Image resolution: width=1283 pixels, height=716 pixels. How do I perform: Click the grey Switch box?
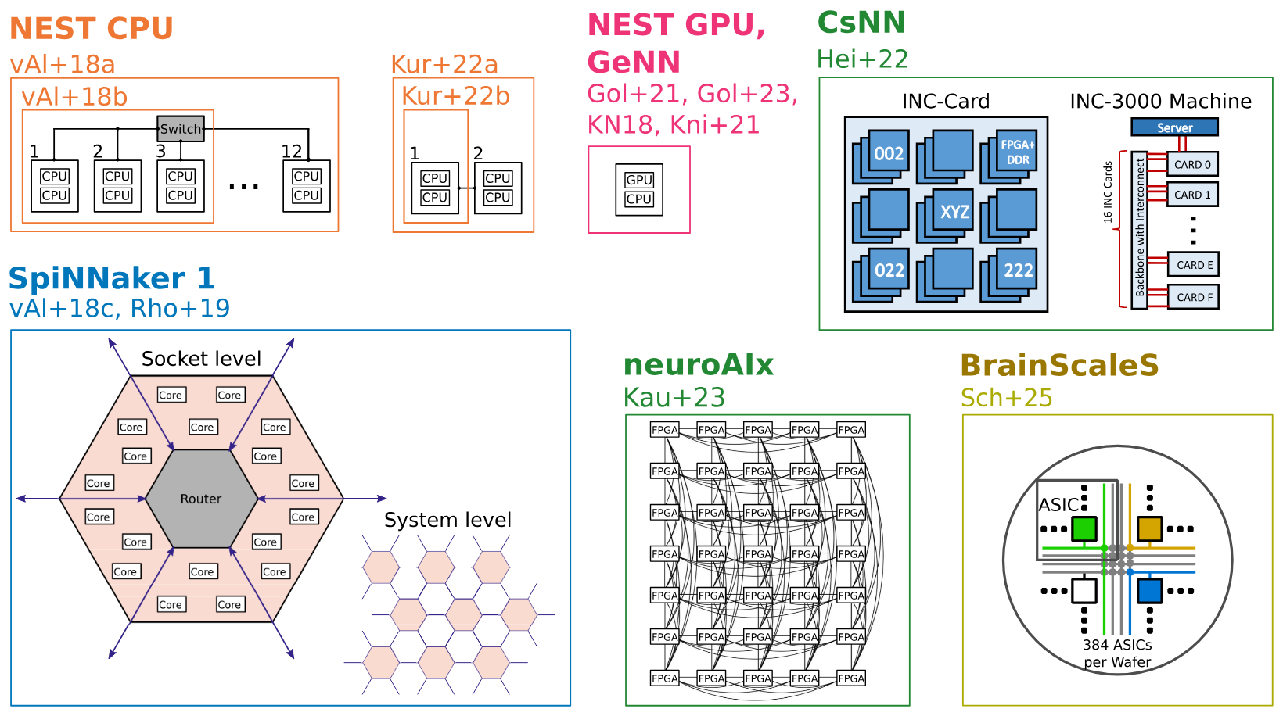181,129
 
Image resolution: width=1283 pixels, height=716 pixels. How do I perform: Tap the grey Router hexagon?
201,499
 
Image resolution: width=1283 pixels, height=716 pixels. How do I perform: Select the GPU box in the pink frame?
639,180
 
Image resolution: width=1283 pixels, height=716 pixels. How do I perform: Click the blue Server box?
1174,127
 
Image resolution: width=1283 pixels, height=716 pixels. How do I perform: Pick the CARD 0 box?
1192,165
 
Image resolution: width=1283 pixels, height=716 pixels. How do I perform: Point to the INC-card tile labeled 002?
889,154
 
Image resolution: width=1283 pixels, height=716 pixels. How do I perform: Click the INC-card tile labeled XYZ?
954,211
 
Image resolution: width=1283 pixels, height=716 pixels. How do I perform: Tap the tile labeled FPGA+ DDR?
1018,152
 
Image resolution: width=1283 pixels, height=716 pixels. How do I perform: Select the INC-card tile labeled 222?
1018,270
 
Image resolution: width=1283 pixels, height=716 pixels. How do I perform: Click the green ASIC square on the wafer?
1084,529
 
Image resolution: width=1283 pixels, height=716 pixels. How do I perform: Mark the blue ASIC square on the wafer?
1149,590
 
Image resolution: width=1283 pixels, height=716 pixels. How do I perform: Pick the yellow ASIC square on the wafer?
1149,529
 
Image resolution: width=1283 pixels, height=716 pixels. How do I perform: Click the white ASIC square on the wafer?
1084,590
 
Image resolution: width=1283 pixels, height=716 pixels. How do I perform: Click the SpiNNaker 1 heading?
111,279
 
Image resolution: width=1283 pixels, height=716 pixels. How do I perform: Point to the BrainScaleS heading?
1059,366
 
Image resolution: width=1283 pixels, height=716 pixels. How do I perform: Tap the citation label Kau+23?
674,398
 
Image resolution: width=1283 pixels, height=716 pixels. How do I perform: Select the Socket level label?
201,359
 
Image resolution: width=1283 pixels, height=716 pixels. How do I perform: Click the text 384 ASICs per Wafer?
1117,653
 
